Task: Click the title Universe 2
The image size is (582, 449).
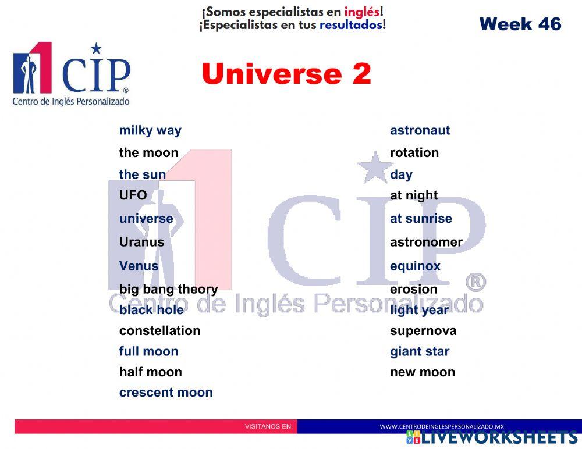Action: pyautogui.click(x=286, y=74)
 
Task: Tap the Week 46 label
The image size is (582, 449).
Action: pyautogui.click(x=520, y=24)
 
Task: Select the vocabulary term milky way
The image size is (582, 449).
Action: pyautogui.click(x=150, y=130)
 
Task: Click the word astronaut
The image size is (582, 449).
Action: pyautogui.click(x=420, y=130)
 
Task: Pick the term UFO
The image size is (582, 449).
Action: pyautogui.click(x=133, y=195)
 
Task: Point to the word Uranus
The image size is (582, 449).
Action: pyautogui.click(x=141, y=242)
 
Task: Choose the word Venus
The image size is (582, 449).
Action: pyautogui.click(x=139, y=266)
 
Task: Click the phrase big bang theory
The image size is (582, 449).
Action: pyautogui.click(x=168, y=289)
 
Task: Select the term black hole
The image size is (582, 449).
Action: pyautogui.click(x=151, y=309)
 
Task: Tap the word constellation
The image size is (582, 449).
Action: pyautogui.click(x=159, y=330)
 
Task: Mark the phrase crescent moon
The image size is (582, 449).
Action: pyautogui.click(x=166, y=393)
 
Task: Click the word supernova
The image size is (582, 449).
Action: pyautogui.click(x=423, y=331)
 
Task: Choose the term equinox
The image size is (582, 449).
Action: pyautogui.click(x=415, y=266)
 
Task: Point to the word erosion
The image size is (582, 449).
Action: pyautogui.click(x=413, y=289)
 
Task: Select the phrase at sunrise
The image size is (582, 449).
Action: pyautogui.click(x=421, y=219)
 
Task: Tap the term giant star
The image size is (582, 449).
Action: pyautogui.click(x=420, y=351)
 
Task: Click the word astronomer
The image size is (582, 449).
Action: pyautogui.click(x=426, y=242)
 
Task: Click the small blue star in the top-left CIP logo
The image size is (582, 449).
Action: pyautogui.click(x=96, y=48)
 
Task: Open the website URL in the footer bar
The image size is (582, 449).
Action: pyautogui.click(x=441, y=426)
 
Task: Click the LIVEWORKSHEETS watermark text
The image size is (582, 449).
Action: pyautogui.click(x=499, y=437)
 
